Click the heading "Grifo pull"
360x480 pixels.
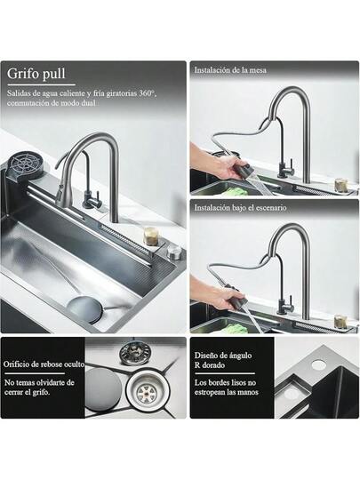[x=36, y=74]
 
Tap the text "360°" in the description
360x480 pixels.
[x=147, y=93]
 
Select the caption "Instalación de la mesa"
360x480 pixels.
[x=230, y=70]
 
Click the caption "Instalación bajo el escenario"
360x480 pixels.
[x=240, y=207]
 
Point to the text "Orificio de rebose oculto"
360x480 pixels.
[x=44, y=364]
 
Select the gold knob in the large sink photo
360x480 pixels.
[x=150, y=236]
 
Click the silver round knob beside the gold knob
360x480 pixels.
[x=173, y=252]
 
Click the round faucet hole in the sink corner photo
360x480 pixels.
[x=318, y=364]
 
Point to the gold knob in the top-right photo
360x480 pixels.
[x=340, y=184]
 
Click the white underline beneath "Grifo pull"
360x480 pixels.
[x=41, y=84]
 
